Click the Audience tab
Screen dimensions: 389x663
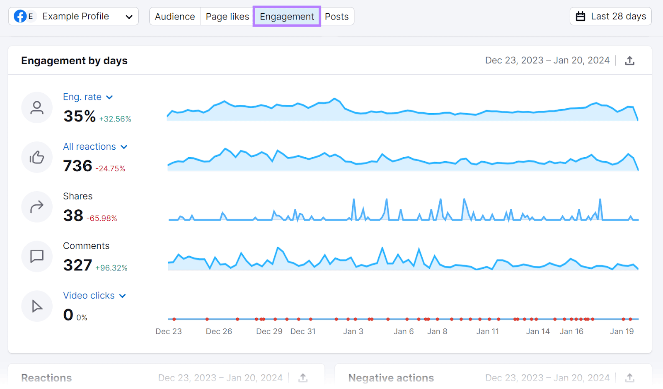(174, 17)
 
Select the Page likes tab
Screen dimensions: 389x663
(227, 17)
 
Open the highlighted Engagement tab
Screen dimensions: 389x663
(287, 17)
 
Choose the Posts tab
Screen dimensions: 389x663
(336, 17)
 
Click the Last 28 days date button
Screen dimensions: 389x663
(610, 17)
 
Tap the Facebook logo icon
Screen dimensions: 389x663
(20, 17)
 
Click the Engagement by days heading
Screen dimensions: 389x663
(74, 61)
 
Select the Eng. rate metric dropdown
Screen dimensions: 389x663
(87, 97)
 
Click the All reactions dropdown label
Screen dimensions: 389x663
(95, 147)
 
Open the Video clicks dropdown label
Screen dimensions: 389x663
(94, 296)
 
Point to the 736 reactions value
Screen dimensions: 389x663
(77, 166)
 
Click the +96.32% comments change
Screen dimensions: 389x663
(111, 268)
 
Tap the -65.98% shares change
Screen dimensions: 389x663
(102, 219)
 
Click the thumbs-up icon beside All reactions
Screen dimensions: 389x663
(37, 157)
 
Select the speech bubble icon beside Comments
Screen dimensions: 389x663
(37, 256)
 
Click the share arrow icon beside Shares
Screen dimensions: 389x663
(37, 207)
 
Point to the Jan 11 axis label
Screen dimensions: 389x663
(487, 331)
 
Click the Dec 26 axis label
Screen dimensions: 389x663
(219, 331)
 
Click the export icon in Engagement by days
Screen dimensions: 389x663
(629, 61)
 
